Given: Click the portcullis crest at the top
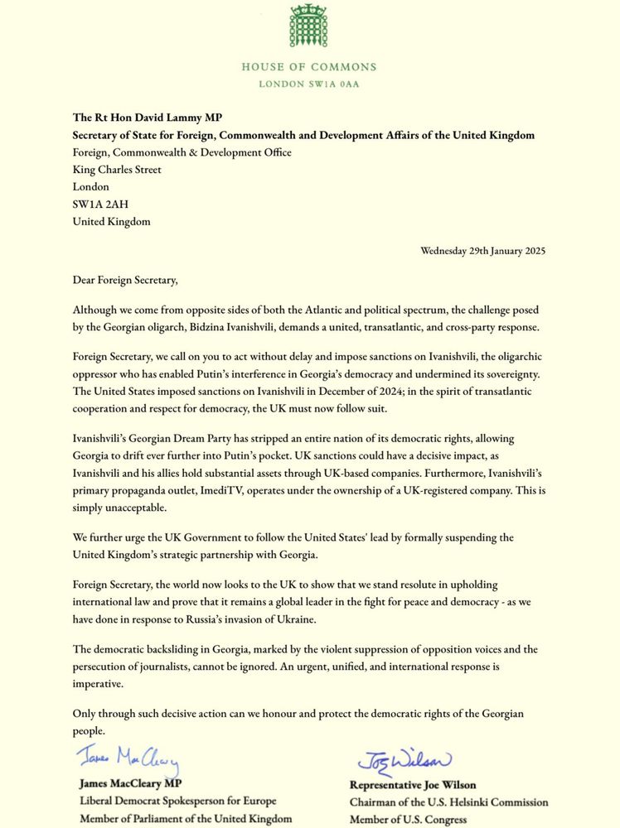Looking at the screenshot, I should point(309,26).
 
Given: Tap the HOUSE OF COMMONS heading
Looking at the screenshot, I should point(309,67).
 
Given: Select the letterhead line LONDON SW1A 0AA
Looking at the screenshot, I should point(309,84).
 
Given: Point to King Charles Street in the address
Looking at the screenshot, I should point(117,170).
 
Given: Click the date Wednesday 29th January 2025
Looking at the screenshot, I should point(482,250).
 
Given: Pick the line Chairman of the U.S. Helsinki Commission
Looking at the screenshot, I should point(448,802).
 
